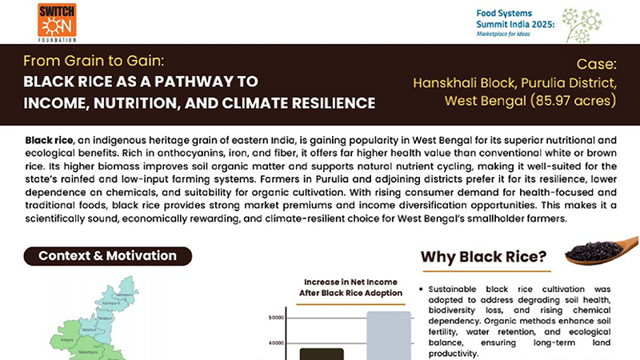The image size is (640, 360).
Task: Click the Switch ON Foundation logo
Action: tap(57, 22)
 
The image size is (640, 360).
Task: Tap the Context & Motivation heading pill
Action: tap(107, 256)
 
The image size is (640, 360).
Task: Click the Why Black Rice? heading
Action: tap(483, 258)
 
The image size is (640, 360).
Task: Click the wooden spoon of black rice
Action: tap(599, 250)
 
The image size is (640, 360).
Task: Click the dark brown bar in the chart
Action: tap(321, 353)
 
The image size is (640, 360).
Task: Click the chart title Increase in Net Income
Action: tap(350, 282)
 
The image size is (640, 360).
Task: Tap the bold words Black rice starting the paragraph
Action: tap(49, 141)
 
